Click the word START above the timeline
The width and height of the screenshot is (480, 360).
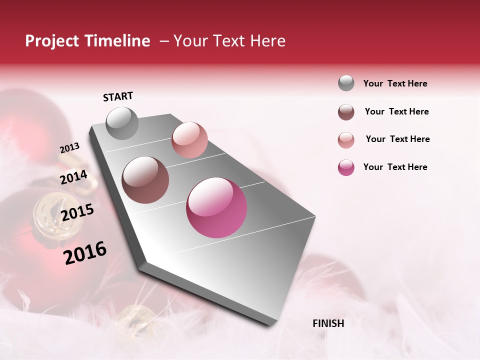118,96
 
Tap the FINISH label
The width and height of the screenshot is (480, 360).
328,323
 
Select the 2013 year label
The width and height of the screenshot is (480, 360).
69,148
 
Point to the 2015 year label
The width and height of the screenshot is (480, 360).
77,212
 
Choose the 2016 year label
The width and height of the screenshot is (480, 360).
85,253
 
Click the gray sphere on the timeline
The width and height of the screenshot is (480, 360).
122,123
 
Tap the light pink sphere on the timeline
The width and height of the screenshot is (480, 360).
189,140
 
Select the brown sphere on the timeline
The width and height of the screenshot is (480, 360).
145,180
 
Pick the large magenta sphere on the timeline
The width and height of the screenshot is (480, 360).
216,207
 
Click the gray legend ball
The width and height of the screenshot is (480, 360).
346,83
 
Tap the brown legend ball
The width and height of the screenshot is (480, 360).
346,112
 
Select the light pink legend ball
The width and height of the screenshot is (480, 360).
346,140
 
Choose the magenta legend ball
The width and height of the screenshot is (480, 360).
346,167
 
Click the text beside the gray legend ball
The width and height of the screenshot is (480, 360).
395,83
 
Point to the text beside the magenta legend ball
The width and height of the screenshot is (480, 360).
395,167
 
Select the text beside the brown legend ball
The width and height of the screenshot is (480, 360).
396,111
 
